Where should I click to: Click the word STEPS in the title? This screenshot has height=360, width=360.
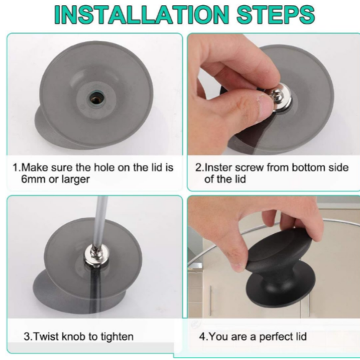276,14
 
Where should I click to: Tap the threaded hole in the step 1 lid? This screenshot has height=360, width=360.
94,97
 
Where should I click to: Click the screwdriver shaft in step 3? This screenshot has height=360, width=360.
99,222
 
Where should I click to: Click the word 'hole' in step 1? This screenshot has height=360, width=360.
104,168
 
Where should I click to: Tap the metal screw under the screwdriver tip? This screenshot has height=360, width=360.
96,257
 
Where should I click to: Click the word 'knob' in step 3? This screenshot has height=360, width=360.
73,336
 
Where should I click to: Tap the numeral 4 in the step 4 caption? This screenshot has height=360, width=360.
202,336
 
